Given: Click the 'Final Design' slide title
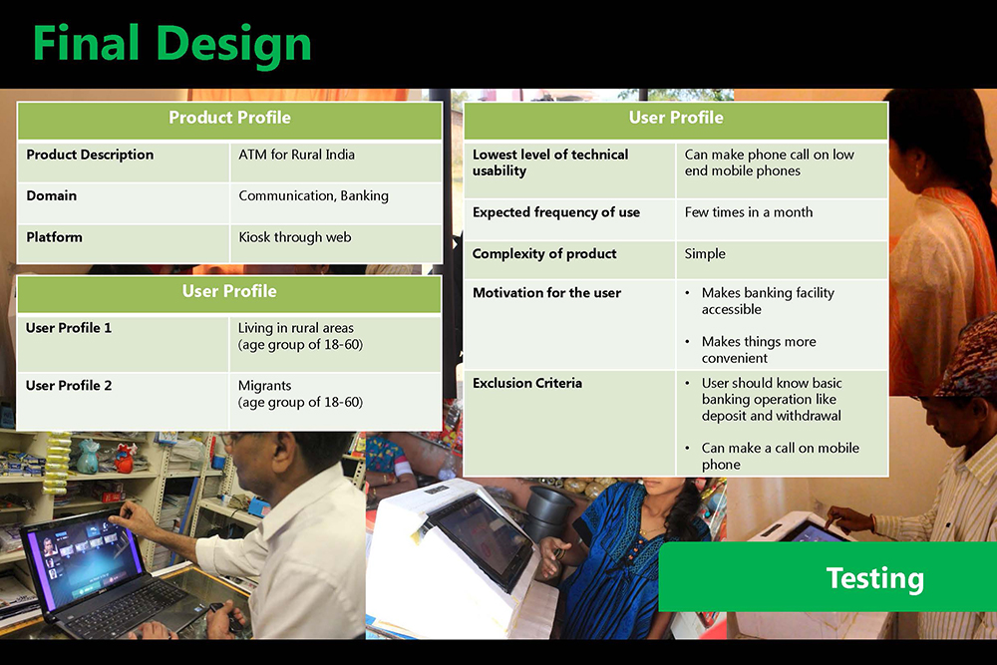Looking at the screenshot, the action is coord(171,45).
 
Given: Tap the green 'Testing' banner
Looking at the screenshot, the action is coord(828,577).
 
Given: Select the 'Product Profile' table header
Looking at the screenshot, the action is coord(229,118).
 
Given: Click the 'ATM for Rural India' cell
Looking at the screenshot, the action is coord(296,155).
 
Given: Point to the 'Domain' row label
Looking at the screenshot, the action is coord(52,195).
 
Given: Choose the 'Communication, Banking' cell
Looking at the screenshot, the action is coord(313,195).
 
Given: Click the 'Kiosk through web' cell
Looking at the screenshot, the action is coord(295,237).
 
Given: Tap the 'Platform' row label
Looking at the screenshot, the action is coord(54,237).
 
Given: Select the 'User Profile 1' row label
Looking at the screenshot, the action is coord(69,328).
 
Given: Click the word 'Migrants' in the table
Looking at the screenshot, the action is coord(264,386).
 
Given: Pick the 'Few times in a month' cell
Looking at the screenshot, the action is coord(749,212).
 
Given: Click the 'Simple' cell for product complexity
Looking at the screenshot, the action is coord(705,253).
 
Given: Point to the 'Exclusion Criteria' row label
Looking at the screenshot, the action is coord(527,383).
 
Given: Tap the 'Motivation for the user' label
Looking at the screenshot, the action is coord(546,292).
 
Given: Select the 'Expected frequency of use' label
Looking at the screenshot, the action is coord(556,212).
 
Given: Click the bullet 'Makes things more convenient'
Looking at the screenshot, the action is coord(759,350).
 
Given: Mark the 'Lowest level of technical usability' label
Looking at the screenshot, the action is coord(550,163).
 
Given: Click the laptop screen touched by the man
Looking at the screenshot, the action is coord(82,559).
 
